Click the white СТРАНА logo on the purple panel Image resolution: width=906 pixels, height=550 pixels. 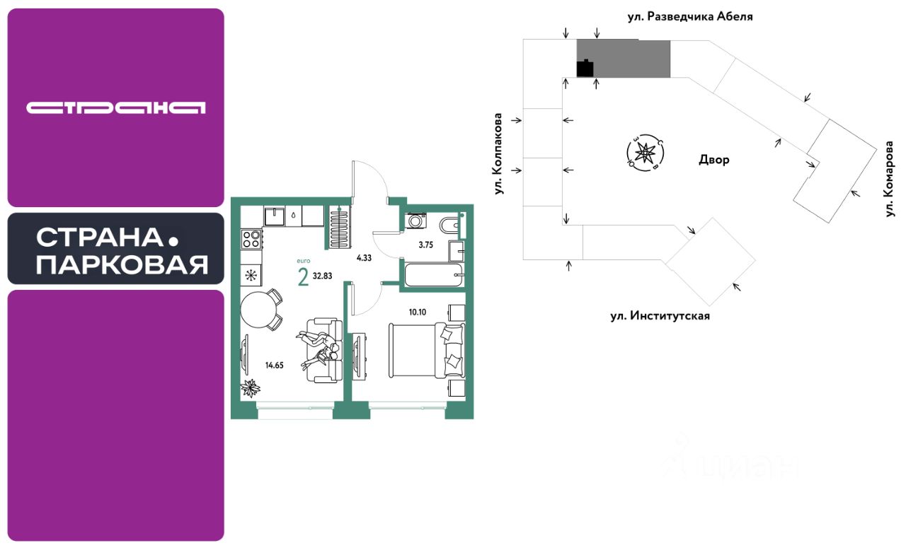pyautogui.click(x=115, y=107)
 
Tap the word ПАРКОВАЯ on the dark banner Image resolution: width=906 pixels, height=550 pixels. pyautogui.click(x=122, y=265)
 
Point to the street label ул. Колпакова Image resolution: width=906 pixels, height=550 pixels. pyautogui.click(x=500, y=153)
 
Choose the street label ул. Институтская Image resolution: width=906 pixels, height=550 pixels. pyautogui.click(x=660, y=316)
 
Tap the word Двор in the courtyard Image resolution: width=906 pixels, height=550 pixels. pyautogui.click(x=713, y=160)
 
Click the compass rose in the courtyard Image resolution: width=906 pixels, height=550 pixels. pyautogui.click(x=645, y=152)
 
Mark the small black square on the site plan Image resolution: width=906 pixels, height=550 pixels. pyautogui.click(x=585, y=69)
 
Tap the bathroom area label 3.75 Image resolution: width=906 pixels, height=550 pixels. pyautogui.click(x=425, y=245)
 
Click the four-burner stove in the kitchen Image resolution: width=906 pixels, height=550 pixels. pyautogui.click(x=251, y=239)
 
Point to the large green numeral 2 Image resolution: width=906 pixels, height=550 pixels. pyautogui.click(x=303, y=278)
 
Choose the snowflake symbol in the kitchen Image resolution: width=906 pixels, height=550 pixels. pyautogui.click(x=251, y=275)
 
